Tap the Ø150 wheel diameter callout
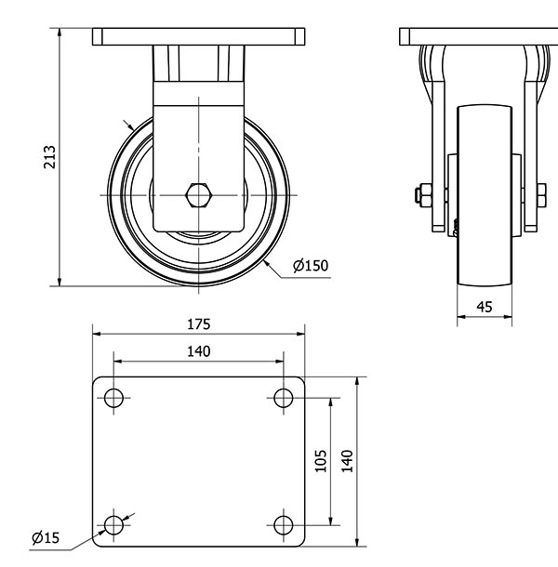[311, 266]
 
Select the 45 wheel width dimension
[485, 306]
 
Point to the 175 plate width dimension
[198, 324]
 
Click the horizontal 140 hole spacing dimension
[198, 350]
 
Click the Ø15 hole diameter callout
[45, 537]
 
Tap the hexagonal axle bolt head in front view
[199, 195]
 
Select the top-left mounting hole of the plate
[113, 399]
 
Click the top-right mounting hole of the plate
[284, 399]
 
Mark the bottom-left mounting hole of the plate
[113, 525]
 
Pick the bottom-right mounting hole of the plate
[284, 525]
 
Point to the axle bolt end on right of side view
[540, 195]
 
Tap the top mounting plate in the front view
[199, 37]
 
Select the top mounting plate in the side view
[479, 37]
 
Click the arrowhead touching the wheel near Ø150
[266, 264]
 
